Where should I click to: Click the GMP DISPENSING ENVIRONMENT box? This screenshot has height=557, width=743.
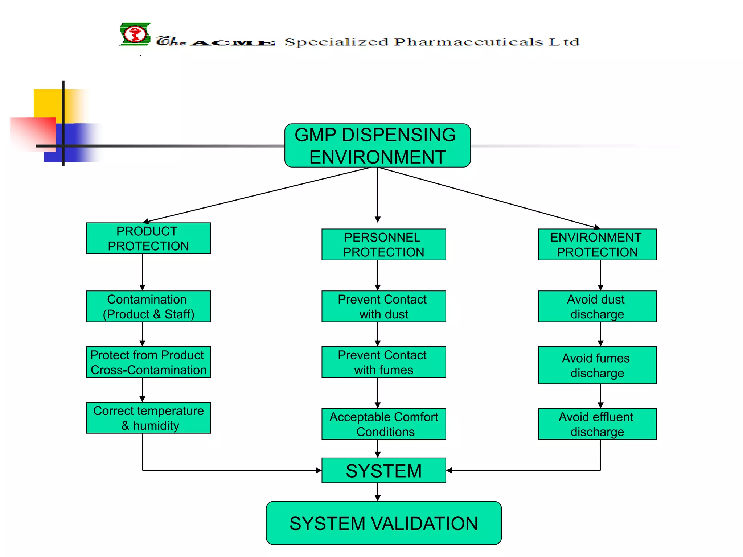(x=377, y=145)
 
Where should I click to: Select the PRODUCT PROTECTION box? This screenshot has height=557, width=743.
(x=148, y=238)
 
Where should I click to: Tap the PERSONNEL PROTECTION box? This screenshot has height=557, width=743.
(x=383, y=244)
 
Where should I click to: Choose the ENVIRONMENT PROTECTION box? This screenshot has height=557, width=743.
(x=597, y=244)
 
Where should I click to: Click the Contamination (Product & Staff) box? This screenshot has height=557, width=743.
(x=148, y=306)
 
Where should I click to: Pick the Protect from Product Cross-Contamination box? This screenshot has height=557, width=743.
(x=148, y=362)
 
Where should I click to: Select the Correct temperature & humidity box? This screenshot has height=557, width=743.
(x=148, y=418)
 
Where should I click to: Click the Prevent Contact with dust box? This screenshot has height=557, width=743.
(x=383, y=306)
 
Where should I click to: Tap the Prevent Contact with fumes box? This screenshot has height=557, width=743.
(x=383, y=362)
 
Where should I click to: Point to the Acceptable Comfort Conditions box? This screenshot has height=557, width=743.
(x=383, y=424)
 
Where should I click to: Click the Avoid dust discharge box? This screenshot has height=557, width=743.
(x=597, y=306)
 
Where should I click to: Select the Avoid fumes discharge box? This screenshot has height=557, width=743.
(x=597, y=365)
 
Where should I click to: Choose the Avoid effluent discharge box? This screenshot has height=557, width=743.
(x=597, y=424)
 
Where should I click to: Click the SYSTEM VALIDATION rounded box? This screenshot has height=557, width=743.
(x=383, y=523)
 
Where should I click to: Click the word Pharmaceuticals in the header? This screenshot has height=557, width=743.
(x=468, y=42)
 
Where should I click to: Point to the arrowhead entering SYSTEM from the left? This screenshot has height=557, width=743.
(x=319, y=470)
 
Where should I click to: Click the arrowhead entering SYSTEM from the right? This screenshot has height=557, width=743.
(x=449, y=470)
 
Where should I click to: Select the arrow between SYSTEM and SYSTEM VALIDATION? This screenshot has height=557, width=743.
(x=378, y=492)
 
